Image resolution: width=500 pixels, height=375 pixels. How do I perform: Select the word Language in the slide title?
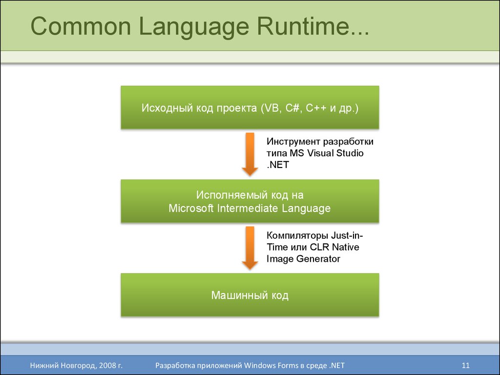(194, 27)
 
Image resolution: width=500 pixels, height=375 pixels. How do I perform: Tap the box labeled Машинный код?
(250, 295)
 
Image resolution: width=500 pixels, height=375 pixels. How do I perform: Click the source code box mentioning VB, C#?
(250, 107)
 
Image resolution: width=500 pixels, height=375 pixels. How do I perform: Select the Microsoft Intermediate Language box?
(250, 201)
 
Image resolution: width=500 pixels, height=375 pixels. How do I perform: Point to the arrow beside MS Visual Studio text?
(250, 154)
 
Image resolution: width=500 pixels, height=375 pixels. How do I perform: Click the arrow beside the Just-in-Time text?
(250, 248)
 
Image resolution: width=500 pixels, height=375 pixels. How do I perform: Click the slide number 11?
(465, 365)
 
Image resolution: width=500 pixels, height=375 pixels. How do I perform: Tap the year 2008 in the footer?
(106, 365)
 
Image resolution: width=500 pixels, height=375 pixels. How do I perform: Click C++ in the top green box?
(316, 108)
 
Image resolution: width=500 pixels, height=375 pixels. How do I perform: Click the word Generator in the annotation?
(318, 259)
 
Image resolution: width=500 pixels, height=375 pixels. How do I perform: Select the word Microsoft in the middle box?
(191, 208)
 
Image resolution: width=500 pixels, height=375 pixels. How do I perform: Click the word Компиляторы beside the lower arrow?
(297, 236)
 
